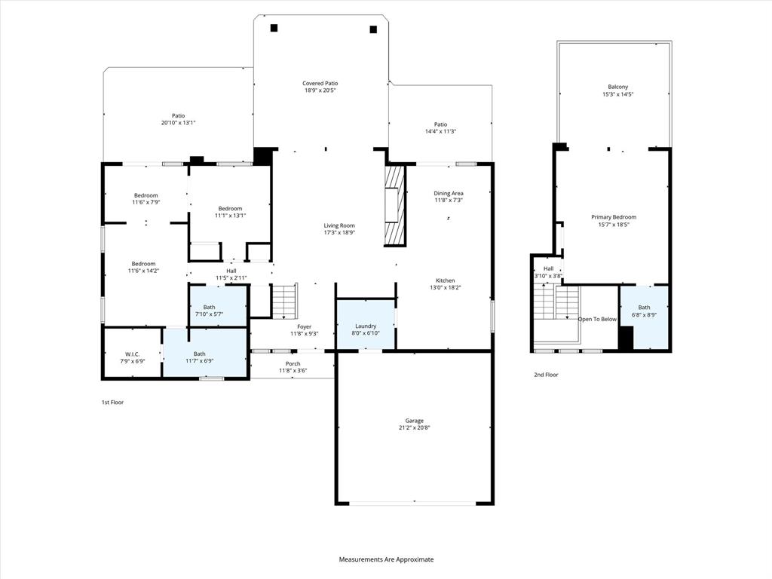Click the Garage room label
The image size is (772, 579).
point(414,421)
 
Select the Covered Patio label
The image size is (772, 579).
point(320,84)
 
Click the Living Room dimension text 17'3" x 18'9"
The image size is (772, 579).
point(339,233)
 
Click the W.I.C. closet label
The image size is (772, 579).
point(133,354)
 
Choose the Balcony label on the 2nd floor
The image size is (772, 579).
point(617,87)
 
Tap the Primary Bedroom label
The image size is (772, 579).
point(613,217)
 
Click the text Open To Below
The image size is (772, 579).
point(597,319)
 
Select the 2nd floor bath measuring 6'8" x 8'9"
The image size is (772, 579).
point(644,317)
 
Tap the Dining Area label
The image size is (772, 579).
point(448,194)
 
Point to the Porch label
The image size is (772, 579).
point(293,363)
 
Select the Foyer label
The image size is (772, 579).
point(304,326)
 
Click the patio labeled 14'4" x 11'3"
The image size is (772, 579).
point(440,127)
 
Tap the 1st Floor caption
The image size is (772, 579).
point(112,403)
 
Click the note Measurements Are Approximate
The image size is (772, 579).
point(386,559)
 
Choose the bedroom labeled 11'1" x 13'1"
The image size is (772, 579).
point(230,209)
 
